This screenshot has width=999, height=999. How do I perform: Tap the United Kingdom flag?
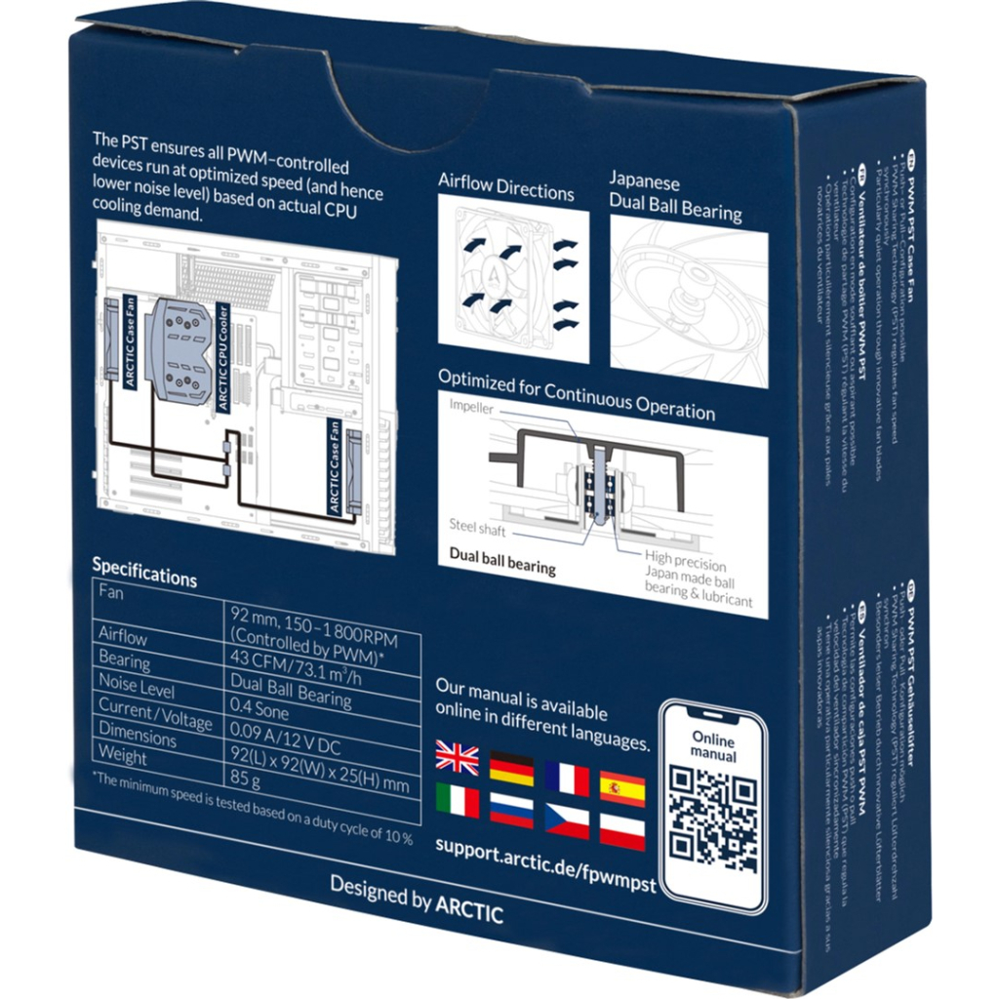(x=457, y=758)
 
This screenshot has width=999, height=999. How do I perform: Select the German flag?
(x=511, y=769)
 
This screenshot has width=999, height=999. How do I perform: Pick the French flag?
(x=568, y=779)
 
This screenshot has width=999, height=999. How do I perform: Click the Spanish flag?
(x=622, y=787)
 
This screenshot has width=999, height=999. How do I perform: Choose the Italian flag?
(x=457, y=800)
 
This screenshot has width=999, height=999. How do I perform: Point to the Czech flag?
(x=567, y=821)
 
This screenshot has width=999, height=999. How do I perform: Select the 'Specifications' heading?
(x=144, y=573)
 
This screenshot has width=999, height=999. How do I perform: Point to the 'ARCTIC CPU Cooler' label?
(x=223, y=367)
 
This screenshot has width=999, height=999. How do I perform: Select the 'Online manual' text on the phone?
(x=713, y=748)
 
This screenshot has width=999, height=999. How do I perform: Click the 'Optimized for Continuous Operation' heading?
(x=576, y=396)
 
